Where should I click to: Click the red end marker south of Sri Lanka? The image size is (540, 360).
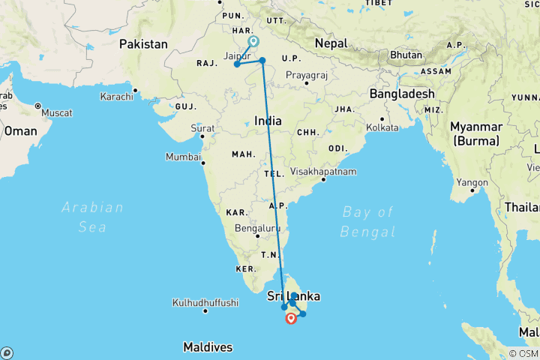click(291, 319)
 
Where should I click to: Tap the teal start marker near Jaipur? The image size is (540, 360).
click(253, 42)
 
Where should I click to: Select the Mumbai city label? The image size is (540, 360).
click(182, 158)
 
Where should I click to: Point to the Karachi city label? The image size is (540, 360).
click(115, 97)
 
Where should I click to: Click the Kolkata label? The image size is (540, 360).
click(403, 127)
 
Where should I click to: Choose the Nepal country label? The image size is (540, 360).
click(331, 43)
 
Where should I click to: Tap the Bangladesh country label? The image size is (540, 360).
click(402, 94)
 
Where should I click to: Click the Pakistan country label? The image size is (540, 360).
click(143, 44)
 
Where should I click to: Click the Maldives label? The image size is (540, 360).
click(208, 347)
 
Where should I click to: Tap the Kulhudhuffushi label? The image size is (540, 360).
click(205, 303)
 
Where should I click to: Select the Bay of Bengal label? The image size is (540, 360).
click(367, 221)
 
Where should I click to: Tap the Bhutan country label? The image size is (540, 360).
click(407, 55)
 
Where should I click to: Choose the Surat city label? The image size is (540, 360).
click(202, 128)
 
